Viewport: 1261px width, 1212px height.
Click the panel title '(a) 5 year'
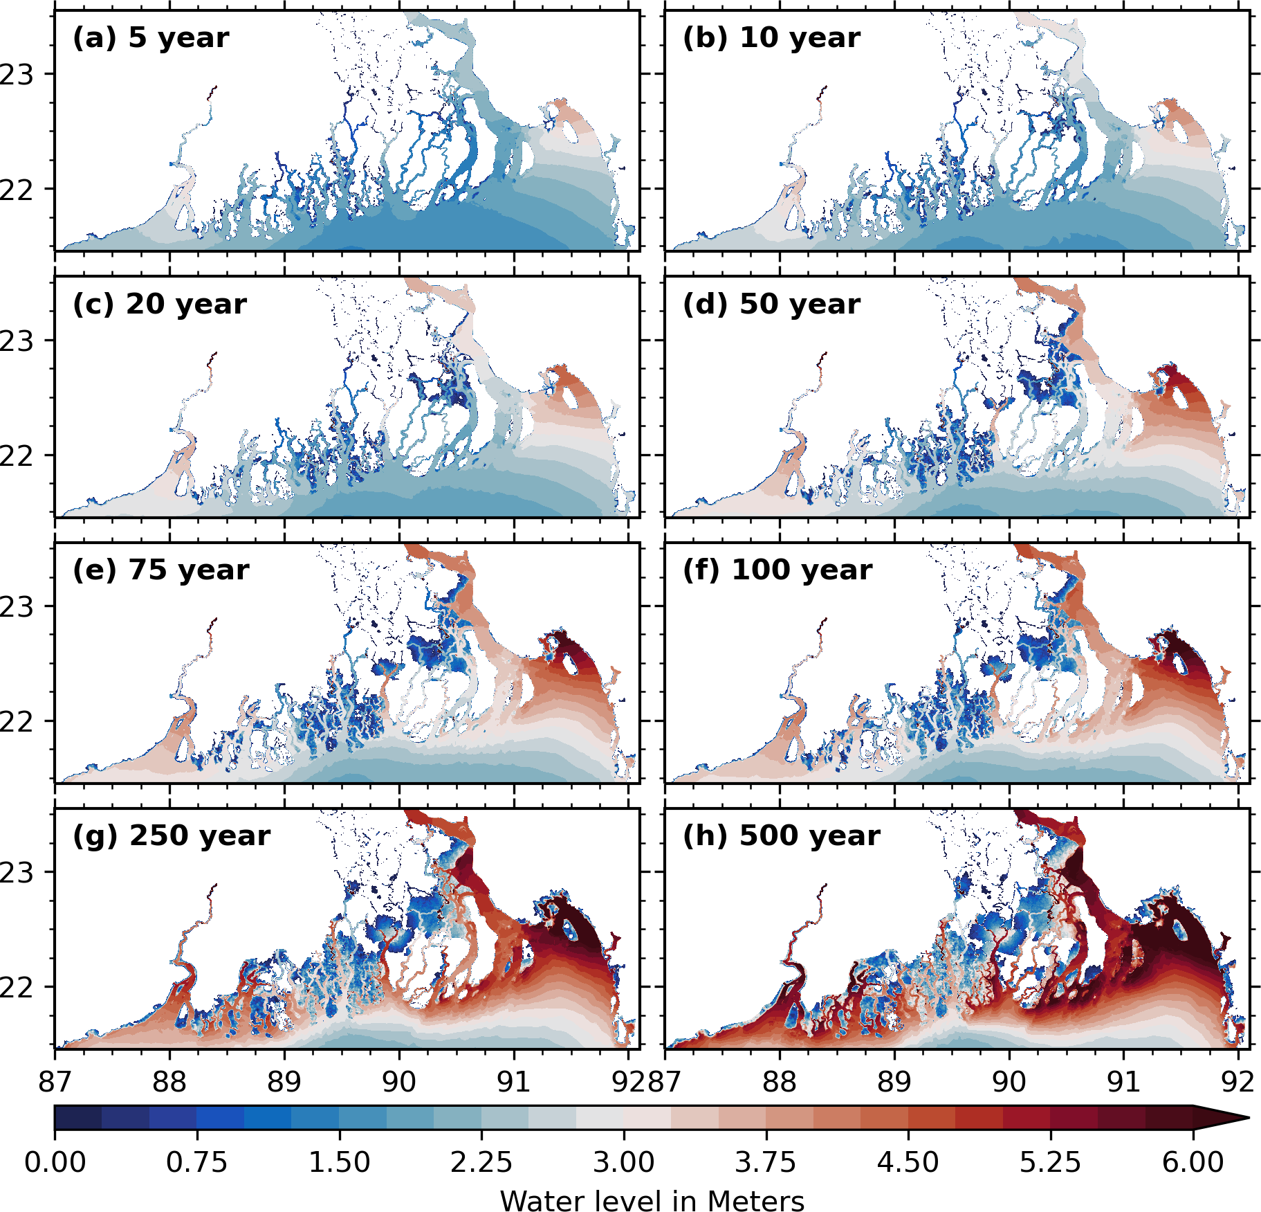150,38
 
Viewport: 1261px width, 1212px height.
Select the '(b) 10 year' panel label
771,38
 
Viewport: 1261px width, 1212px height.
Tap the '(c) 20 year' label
159,305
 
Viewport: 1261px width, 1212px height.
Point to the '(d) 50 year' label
771,305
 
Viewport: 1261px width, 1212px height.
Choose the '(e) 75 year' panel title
160,570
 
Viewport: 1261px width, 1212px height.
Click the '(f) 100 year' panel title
777,570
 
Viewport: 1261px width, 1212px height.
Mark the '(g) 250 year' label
171,836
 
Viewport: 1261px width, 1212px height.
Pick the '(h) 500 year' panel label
781,836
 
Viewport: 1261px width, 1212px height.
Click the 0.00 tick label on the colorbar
55,1162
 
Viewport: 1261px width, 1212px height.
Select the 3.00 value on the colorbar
623,1162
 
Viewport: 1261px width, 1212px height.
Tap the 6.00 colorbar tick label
1193,1162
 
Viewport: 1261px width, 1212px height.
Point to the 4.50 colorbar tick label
908,1162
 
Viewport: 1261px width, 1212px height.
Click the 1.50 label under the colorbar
339,1162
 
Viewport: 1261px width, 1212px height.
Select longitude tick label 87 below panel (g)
55,1081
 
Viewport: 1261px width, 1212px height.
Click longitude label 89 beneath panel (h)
894,1081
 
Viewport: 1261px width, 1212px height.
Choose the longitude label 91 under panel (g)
513,1081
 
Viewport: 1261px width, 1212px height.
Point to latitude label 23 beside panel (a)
17,75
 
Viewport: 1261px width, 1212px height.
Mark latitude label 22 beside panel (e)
17,722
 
